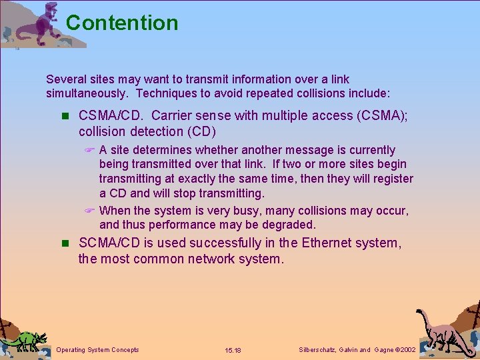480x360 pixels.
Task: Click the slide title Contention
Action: click(122, 23)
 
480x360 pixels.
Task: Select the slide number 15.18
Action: click(233, 350)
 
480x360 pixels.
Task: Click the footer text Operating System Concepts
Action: click(98, 349)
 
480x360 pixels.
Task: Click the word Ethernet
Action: click(327, 243)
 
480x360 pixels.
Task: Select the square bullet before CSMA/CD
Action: click(64, 116)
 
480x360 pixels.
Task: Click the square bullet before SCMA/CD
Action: click(64, 243)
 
